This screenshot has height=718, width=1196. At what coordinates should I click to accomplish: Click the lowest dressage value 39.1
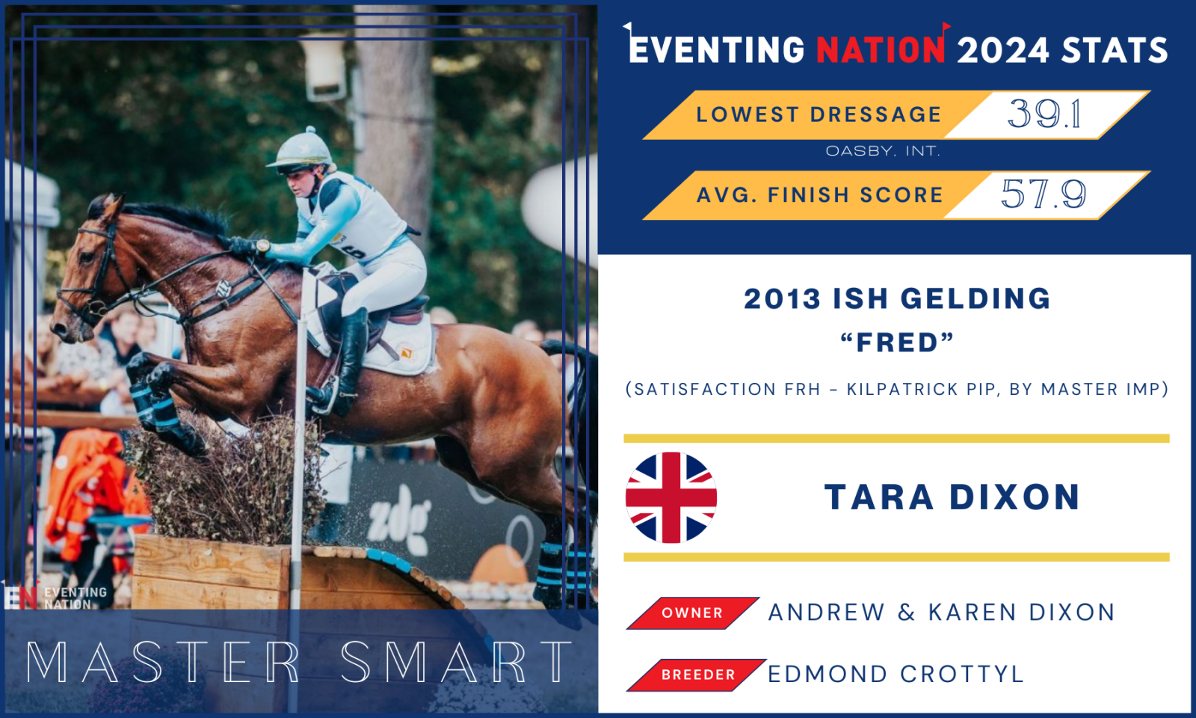coord(1044,114)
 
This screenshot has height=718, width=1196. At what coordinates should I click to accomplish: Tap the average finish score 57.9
coord(1044,194)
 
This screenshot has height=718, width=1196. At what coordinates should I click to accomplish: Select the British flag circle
coord(671,497)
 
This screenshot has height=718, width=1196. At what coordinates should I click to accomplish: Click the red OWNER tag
coord(692,613)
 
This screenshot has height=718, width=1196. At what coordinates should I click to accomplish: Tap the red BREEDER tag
coord(697,675)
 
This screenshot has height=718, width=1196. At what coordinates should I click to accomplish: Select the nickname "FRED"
coord(897,343)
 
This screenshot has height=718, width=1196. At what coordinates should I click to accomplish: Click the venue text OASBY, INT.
coord(883,151)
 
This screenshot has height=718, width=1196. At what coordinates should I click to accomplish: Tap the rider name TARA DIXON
coord(952,497)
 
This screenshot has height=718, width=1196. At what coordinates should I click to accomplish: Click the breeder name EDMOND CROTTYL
coord(896,674)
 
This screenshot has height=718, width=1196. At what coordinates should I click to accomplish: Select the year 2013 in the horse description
coord(782,298)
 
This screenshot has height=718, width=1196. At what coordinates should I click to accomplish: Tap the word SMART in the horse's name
coord(456,662)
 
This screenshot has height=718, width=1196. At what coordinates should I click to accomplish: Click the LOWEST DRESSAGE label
coord(819,114)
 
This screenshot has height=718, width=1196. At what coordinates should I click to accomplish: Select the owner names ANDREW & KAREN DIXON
coord(941,613)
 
